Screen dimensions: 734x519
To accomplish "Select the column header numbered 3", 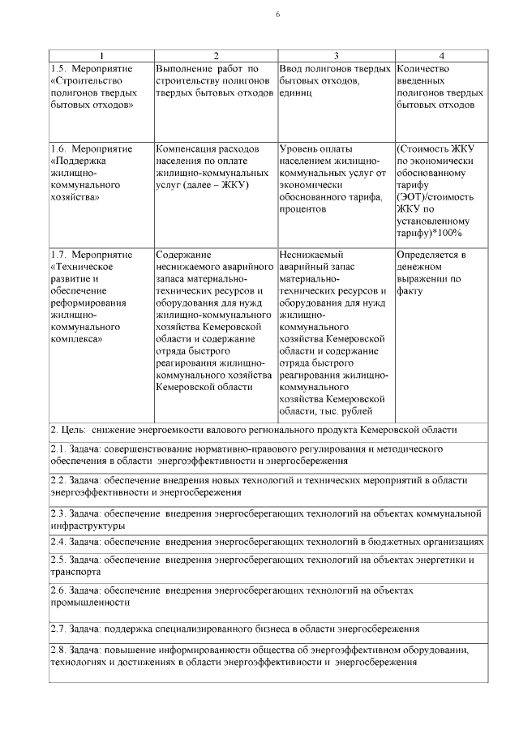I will [x=336, y=55].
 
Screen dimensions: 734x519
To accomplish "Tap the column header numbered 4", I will [x=441, y=55].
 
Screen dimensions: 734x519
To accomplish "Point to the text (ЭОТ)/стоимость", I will [x=435, y=196].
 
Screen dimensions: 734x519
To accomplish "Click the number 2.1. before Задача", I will [x=60, y=449].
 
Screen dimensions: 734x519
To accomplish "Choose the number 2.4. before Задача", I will [x=60, y=541].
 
